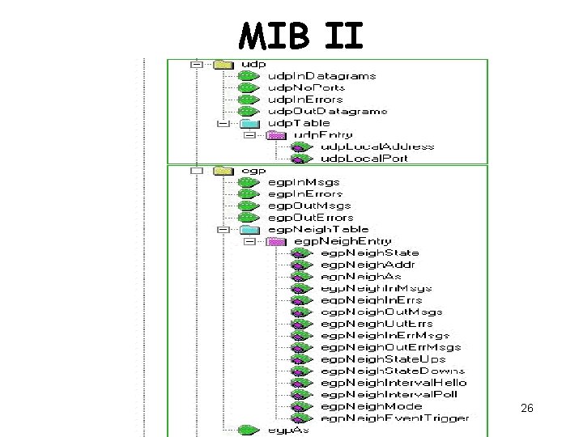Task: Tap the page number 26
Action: coord(527,409)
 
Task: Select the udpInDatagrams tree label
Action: coord(321,76)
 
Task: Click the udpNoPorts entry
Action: coord(306,87)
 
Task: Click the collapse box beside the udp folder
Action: coord(195,64)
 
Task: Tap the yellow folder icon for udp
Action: coord(223,64)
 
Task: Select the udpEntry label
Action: coord(323,134)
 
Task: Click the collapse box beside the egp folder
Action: coord(195,171)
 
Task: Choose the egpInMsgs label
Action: coord(304,183)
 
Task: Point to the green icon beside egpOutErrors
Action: coord(249,218)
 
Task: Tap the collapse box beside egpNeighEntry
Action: coord(249,241)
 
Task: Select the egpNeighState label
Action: coord(369,253)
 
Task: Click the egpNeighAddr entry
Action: coord(368,265)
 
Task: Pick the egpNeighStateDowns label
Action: coord(387,371)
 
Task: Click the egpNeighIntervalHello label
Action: coord(394,382)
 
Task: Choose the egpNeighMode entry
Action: coord(371,406)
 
